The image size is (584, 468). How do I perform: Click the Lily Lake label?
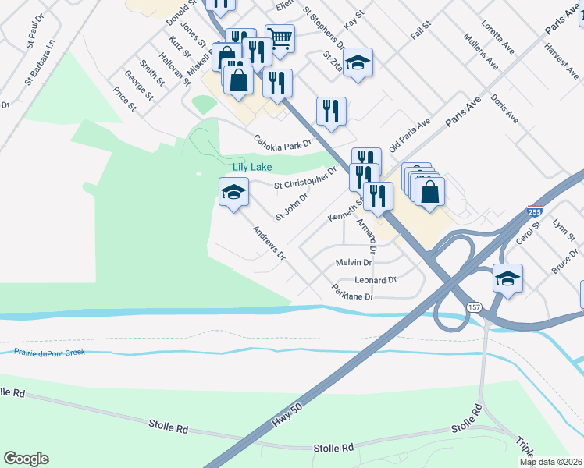pos(251,168)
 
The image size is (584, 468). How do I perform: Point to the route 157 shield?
pos(474,307)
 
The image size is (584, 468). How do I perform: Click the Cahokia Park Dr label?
pos(282,142)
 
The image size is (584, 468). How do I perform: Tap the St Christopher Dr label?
pos(305,181)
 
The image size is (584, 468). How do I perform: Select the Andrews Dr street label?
pos(269,243)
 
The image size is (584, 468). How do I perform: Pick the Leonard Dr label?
pos(376,279)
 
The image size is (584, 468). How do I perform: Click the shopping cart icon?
pos(280,36)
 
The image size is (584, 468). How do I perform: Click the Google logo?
pos(26,459)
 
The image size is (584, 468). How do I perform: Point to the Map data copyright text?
pos(551,462)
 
